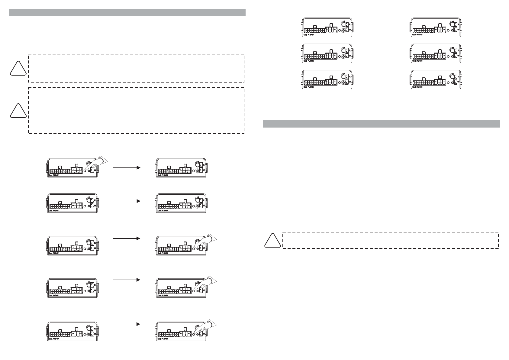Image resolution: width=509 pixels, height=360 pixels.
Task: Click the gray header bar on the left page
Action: click(x=127, y=12)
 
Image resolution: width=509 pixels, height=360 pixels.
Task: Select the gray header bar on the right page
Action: click(x=381, y=124)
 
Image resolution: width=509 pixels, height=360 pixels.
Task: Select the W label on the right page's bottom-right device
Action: click(x=458, y=82)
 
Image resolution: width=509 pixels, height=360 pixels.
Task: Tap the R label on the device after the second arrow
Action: click(x=204, y=200)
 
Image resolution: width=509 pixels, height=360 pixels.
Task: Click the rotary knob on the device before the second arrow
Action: click(x=89, y=200)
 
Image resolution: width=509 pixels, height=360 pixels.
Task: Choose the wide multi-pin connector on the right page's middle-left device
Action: click(x=315, y=57)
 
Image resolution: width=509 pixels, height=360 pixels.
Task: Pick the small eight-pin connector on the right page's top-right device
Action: click(x=440, y=30)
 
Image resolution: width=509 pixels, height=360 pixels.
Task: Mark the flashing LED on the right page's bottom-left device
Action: click(x=343, y=82)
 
